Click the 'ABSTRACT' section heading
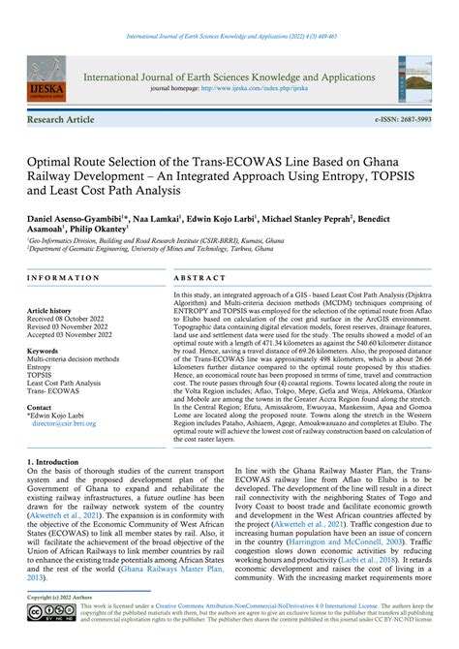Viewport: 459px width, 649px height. tap(199, 278)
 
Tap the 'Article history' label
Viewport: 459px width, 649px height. tap(53, 311)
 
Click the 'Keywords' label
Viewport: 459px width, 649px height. tap(44, 351)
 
